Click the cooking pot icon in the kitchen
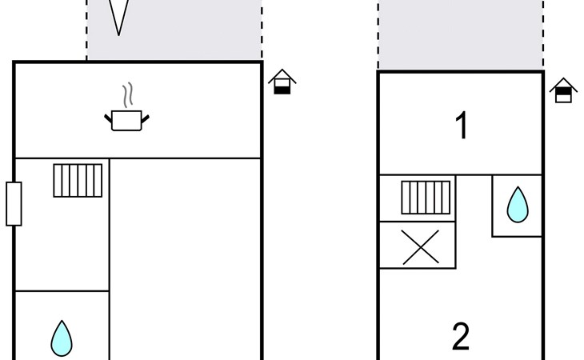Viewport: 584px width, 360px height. tap(126, 120)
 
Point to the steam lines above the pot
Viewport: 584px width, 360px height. tap(127, 95)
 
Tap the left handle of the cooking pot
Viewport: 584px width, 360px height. tap(108, 118)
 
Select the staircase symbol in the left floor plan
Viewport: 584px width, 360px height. tap(78, 181)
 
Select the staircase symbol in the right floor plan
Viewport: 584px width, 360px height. tap(426, 198)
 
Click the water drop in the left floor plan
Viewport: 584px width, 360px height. tap(62, 338)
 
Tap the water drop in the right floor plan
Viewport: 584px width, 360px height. tap(518, 205)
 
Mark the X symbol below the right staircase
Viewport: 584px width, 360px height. tap(421, 247)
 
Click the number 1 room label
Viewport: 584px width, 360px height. tap(462, 126)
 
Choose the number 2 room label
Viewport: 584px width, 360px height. tap(461, 337)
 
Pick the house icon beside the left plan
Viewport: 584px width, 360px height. tap(282, 82)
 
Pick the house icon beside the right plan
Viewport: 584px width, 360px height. tap(563, 90)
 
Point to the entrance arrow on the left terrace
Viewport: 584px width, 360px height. tap(119, 18)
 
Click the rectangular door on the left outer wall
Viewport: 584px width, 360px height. tap(14, 204)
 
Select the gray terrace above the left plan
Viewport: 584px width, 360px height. tap(174, 30)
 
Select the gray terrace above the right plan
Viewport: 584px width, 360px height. tap(461, 34)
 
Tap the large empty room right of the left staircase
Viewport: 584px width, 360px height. tap(185, 259)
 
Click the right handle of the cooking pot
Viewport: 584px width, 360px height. tap(146, 118)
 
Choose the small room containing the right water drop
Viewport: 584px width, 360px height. tap(517, 206)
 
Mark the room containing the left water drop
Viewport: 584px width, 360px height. tap(62, 326)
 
